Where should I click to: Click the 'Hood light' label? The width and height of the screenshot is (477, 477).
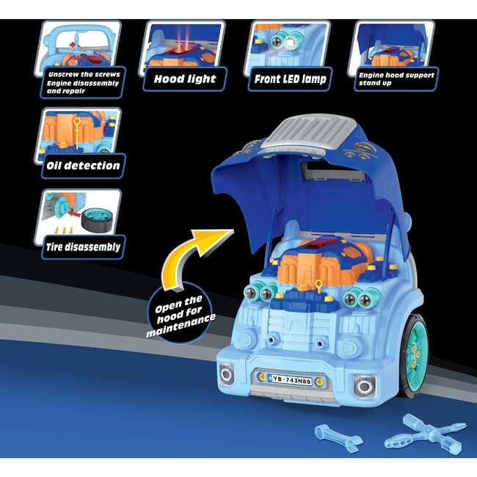185,79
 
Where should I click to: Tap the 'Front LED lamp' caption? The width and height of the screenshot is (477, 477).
290,79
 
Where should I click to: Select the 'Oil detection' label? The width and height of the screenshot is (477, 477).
83,166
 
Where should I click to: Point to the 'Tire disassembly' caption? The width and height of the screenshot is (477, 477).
83,247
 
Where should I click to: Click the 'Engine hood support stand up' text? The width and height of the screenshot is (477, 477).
396,79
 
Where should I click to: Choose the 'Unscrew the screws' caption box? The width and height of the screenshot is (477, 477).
83,82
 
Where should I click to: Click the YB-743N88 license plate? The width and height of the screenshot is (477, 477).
291,380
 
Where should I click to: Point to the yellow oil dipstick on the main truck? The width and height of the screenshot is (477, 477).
318,286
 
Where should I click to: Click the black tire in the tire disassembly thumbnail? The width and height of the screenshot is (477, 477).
97,219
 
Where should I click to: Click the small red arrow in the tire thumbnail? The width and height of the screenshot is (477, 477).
73,214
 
